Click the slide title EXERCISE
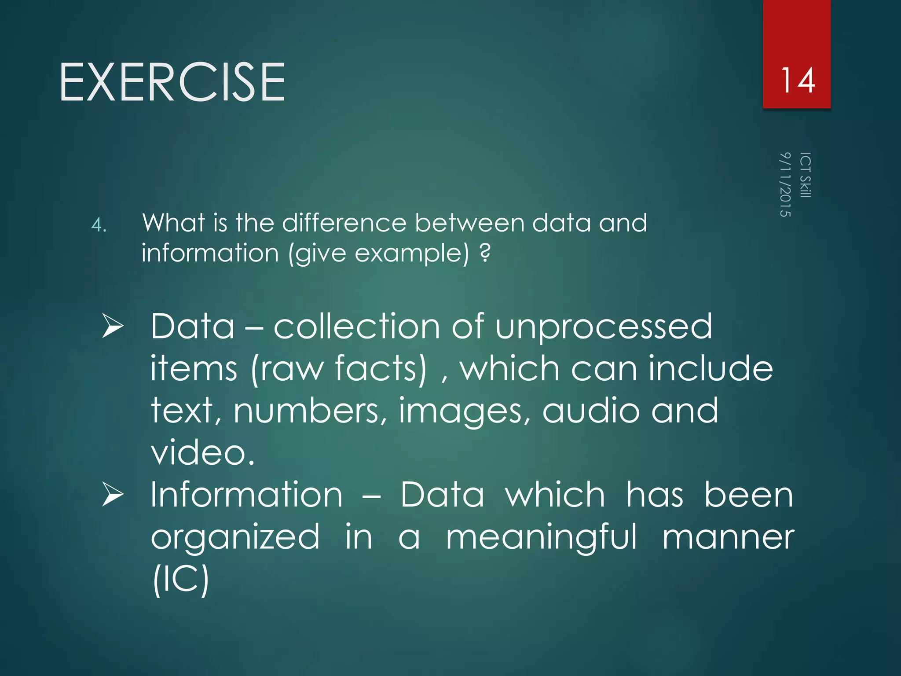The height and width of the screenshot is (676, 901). tap(172, 82)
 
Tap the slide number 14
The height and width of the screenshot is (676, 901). tap(797, 81)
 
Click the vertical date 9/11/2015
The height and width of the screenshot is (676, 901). tap(785, 184)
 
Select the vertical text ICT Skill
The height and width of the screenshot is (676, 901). tap(805, 175)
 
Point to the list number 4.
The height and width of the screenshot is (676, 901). tap(99, 225)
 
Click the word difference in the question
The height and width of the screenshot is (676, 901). tap(344, 223)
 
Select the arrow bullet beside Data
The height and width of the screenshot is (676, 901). tap(113, 326)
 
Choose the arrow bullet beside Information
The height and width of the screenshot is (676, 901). tap(113, 494)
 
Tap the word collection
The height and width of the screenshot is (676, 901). tap(357, 326)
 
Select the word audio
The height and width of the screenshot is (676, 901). tap(591, 411)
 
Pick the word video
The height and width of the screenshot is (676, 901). tap(202, 452)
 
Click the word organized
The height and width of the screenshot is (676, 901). tap(235, 538)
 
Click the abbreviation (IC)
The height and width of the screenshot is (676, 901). tap(180, 579)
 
